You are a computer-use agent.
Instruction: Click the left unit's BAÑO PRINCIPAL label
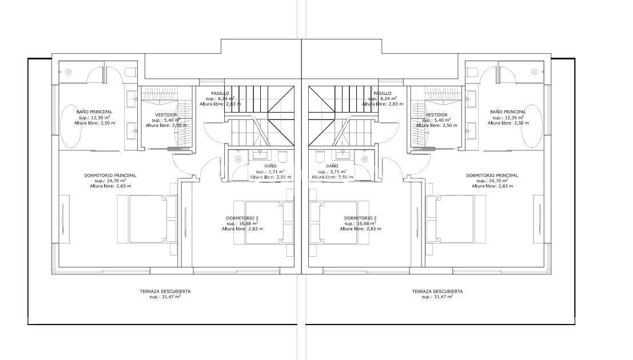(x=94, y=112)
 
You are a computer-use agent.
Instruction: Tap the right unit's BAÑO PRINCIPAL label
(x=508, y=112)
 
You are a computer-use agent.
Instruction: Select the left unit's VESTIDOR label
(x=166, y=115)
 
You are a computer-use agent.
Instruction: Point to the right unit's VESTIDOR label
(x=436, y=115)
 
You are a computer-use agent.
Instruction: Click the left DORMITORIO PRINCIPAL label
(x=110, y=175)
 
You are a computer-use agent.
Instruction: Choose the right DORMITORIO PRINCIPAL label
(x=492, y=175)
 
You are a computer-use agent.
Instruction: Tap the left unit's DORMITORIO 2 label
(x=242, y=218)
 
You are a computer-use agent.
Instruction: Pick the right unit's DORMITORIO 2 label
(x=360, y=218)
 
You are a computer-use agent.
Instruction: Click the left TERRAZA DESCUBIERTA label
(x=165, y=291)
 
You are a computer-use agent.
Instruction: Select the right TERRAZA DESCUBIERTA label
(x=437, y=291)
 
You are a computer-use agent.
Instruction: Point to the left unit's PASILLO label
(x=220, y=93)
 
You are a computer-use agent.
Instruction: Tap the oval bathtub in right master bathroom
(x=532, y=126)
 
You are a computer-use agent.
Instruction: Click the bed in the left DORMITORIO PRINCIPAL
(x=148, y=219)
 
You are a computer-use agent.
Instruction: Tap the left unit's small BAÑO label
(x=270, y=166)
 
